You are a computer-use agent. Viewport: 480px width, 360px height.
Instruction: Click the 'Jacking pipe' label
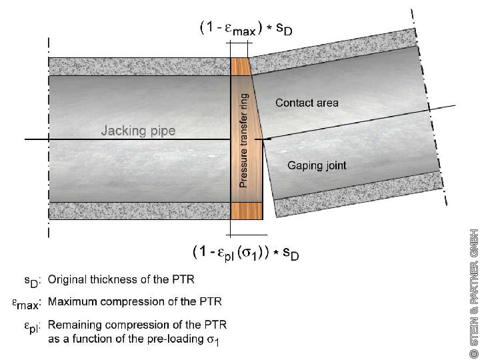point(138,131)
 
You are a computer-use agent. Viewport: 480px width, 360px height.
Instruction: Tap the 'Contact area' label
point(307,103)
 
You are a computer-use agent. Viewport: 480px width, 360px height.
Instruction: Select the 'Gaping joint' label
point(317,165)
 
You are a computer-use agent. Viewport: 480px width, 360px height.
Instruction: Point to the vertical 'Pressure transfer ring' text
point(243,140)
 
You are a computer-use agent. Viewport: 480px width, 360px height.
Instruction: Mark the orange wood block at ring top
point(239,66)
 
